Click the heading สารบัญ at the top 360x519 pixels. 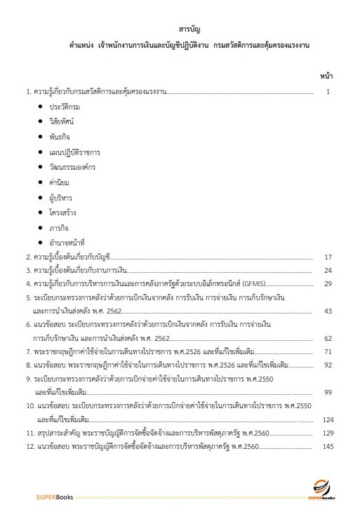click(180, 30)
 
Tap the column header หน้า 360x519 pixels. click(326, 74)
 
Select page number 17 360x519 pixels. click(327, 257)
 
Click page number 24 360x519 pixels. click(327, 270)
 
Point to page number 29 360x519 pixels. click(327, 283)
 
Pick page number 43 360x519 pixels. click(327, 311)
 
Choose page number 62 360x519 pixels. click(327, 338)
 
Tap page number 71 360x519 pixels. click(327, 351)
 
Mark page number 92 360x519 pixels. click(327, 365)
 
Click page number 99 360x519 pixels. click(327, 392)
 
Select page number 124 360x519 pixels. click(326, 419)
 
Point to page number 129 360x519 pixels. click(326, 433)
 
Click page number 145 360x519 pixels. click(326, 447)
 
